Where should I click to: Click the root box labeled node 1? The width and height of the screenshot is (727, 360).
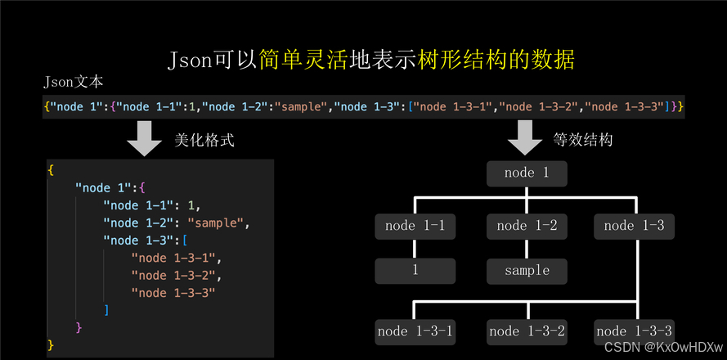click(x=526, y=173)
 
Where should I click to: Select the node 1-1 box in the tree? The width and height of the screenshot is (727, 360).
click(x=415, y=226)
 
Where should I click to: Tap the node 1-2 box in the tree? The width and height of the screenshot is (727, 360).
click(x=527, y=226)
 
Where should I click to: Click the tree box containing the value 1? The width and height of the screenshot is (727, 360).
click(x=415, y=270)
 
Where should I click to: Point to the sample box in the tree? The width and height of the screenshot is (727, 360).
click(x=527, y=270)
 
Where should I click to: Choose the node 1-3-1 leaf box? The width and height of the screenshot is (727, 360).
click(x=415, y=331)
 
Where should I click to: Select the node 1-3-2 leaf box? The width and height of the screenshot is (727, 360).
click(x=527, y=331)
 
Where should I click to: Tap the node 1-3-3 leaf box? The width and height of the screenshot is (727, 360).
click(x=635, y=331)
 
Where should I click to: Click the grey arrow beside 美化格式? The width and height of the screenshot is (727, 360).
click(x=145, y=139)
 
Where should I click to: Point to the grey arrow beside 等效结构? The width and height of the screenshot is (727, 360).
click(x=526, y=139)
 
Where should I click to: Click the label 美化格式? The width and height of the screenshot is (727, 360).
click(x=204, y=140)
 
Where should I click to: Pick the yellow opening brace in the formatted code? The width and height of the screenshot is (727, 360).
click(x=51, y=169)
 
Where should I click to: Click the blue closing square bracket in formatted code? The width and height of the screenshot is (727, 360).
click(x=107, y=310)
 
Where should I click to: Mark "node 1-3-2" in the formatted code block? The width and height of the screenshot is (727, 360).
click(x=175, y=275)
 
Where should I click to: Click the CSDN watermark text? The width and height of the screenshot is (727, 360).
click(x=665, y=347)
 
